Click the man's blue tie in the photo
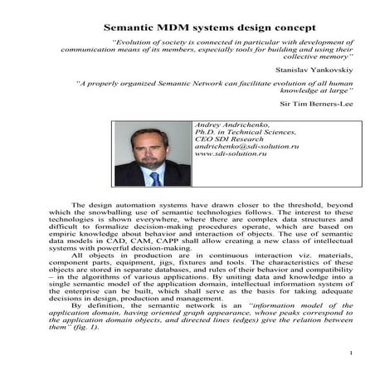point(155,178)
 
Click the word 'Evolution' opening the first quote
point(135,39)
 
